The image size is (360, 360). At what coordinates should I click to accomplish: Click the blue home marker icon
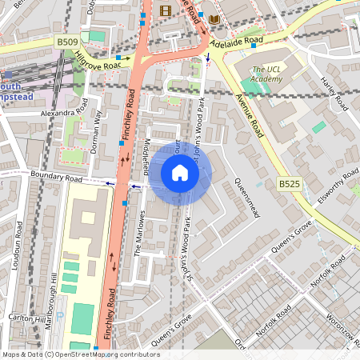tap(180, 173)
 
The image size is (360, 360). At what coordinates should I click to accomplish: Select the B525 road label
tap(289, 184)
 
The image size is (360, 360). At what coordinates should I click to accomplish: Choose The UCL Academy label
tap(266, 74)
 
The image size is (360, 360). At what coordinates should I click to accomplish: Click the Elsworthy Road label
tap(333, 185)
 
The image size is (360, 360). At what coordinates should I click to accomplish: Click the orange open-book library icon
tap(214, 18)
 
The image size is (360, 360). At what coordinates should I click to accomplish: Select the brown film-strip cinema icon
tap(166, 10)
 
